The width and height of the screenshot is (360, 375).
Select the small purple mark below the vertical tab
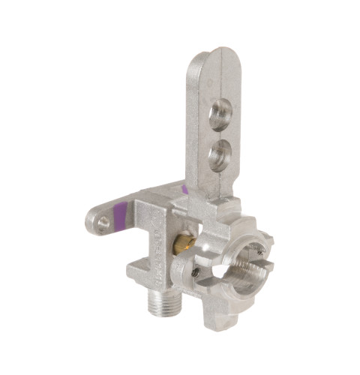[184, 189]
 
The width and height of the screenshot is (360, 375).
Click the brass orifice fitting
[182, 242]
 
